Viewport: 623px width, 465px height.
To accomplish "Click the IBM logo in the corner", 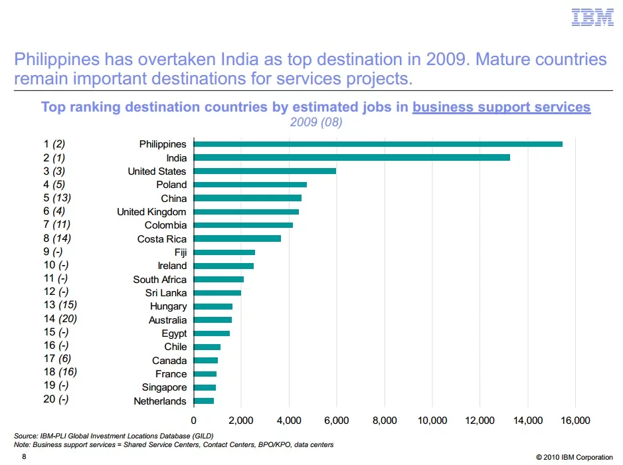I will (x=592, y=17).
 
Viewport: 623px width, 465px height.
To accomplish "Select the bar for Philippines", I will (x=378, y=144).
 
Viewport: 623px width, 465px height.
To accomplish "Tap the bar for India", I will (x=352, y=157).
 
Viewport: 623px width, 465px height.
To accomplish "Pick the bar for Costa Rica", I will (x=237, y=238).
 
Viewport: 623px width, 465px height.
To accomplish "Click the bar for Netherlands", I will (x=204, y=401).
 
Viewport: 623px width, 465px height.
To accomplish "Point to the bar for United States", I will (x=265, y=171).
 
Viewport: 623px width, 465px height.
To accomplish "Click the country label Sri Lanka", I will (x=166, y=293).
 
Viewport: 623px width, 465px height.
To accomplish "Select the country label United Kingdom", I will (x=152, y=212).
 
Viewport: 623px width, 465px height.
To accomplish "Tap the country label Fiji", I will (x=181, y=252).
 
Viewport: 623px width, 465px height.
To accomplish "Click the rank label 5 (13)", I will (x=57, y=198).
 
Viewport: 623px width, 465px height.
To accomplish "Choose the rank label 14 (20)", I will (x=60, y=320).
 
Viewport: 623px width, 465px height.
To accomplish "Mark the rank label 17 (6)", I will (x=57, y=360).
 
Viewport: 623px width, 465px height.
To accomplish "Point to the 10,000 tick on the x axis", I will (x=432, y=420).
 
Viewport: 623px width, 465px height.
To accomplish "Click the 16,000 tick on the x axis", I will (x=575, y=420).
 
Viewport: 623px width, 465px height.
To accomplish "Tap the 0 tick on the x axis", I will (x=194, y=420).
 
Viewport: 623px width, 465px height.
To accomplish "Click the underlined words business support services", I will (x=501, y=107).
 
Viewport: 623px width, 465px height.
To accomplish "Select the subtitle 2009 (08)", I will (x=316, y=122).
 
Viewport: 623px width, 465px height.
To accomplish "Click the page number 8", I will (x=24, y=457).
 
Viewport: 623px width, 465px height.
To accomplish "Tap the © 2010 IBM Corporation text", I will (x=575, y=457).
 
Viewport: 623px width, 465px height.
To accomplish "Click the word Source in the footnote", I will (x=25, y=436).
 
